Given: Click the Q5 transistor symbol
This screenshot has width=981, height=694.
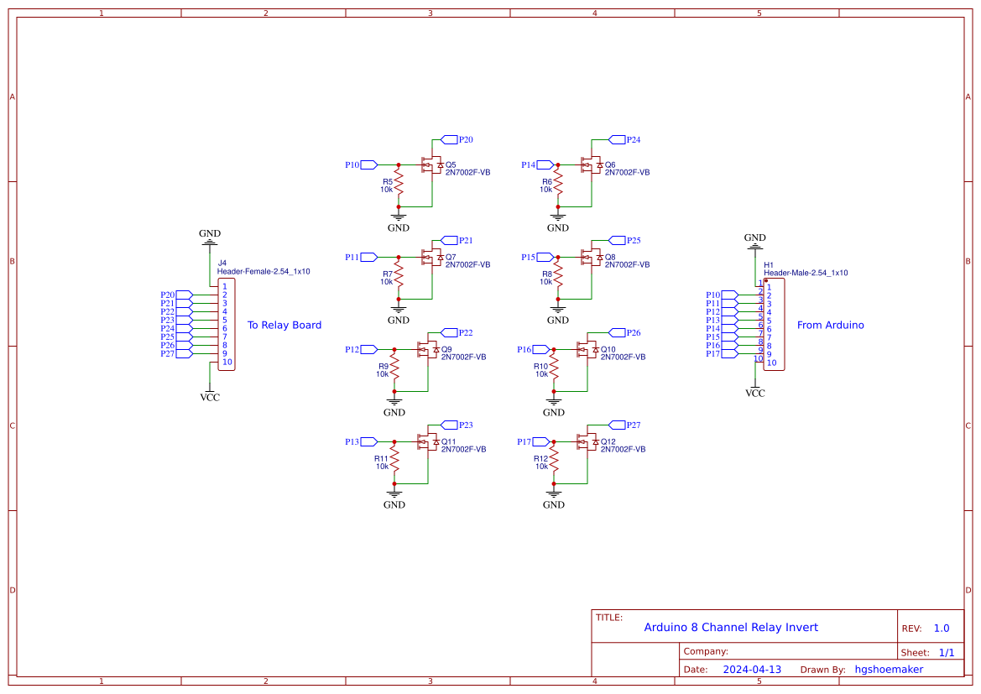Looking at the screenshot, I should (431, 165).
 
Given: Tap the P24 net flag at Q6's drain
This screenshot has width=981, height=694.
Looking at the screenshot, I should (617, 139).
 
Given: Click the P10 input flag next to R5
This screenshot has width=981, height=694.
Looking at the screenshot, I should (369, 165).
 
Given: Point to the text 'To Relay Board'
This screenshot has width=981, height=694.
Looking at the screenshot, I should (284, 325).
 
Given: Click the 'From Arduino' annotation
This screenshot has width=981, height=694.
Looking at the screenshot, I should (830, 325).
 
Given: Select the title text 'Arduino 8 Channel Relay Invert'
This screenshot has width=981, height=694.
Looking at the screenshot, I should (730, 627).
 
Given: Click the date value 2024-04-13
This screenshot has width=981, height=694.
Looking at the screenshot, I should (752, 670).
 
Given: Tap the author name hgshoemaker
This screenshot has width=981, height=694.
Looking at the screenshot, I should (889, 670).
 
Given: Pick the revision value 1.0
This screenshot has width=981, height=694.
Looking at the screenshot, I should (942, 629).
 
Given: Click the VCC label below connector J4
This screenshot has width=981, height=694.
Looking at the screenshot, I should (210, 397).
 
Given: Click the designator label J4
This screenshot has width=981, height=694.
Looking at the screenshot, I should (222, 263).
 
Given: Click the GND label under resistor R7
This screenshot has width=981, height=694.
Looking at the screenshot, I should (399, 320).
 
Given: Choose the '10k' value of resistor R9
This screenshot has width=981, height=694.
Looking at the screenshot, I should (382, 374).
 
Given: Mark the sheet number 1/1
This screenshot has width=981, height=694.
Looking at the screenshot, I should (946, 652).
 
